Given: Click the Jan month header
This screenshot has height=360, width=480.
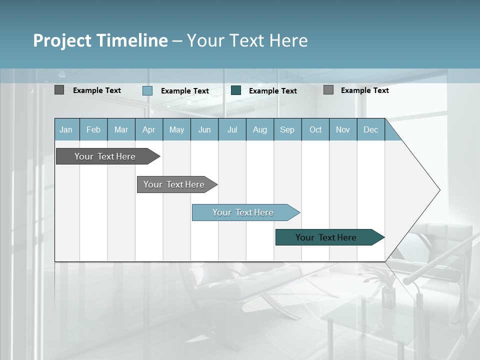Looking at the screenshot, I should [66, 129].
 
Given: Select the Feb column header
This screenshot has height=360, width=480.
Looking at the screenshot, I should [93, 129].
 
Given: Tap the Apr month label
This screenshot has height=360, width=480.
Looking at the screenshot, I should [148, 129].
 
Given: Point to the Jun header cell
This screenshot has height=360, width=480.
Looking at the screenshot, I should [204, 129].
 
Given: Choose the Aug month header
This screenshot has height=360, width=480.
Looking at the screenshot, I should [259, 129].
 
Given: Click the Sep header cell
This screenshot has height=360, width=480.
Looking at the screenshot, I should [287, 129].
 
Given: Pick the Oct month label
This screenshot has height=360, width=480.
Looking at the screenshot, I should [315, 129].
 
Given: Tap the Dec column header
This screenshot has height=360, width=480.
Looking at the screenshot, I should [370, 129].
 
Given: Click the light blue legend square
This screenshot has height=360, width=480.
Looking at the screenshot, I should [147, 90].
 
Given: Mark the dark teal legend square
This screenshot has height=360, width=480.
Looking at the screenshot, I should [236, 90].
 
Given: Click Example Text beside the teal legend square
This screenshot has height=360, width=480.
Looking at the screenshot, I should [272, 90].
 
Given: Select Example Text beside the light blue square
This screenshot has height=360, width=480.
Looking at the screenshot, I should [184, 90].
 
